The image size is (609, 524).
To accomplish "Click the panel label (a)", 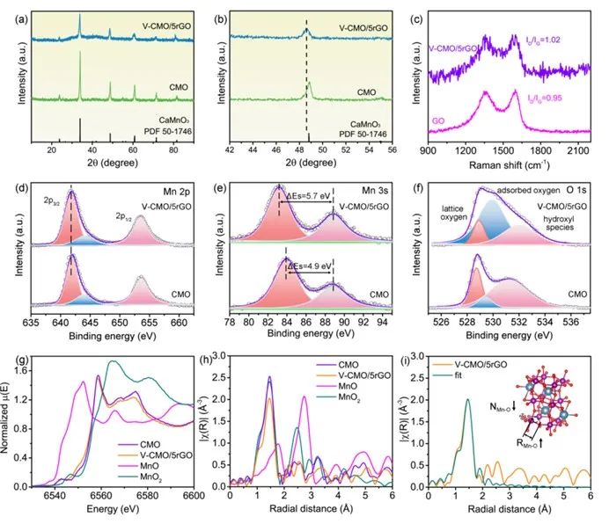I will click(x=15, y=11).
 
